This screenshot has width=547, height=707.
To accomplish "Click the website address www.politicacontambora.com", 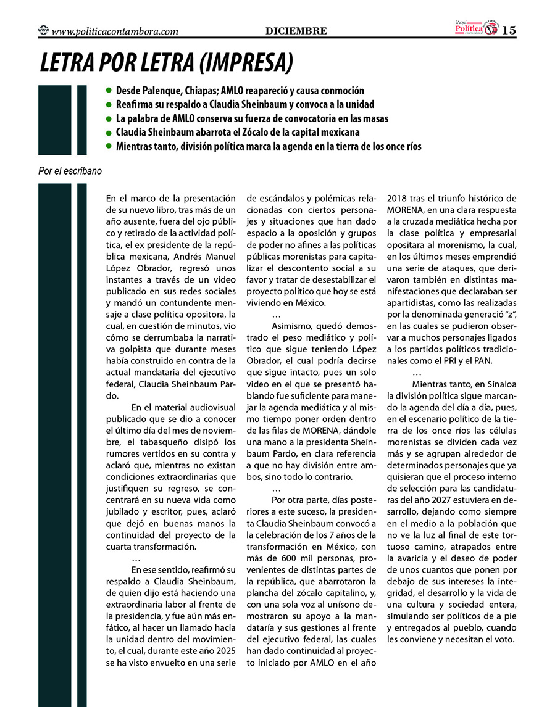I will tap(115, 31).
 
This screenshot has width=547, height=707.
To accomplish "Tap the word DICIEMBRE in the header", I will tap(296, 31).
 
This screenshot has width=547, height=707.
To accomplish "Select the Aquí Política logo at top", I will tap(473, 28).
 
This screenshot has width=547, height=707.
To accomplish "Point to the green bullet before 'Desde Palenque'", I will tap(109, 90).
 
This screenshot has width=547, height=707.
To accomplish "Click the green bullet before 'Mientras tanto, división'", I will tap(109, 146).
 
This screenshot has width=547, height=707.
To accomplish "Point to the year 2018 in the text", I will tap(399, 199).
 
